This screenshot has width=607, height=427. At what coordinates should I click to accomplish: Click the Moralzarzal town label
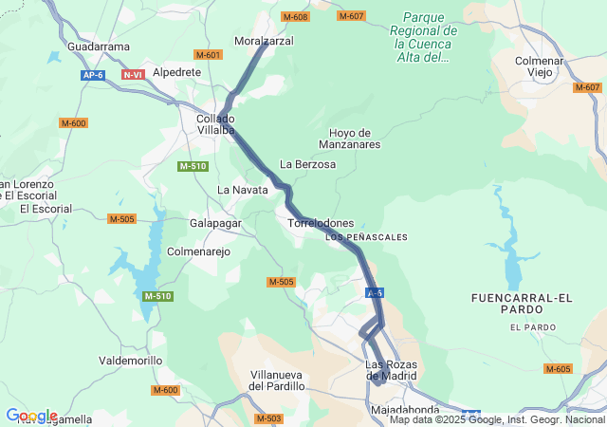[264, 41]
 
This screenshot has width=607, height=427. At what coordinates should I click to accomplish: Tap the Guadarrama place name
[99, 46]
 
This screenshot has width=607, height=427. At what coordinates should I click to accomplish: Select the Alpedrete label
[176, 71]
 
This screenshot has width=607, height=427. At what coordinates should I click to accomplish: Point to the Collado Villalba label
[216, 124]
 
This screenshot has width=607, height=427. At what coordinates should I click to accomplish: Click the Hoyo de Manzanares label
[355, 139]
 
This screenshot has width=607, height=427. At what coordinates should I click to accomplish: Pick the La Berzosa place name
[308, 164]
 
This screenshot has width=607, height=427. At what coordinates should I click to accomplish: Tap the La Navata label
[243, 190]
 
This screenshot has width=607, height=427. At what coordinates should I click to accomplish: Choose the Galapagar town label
[216, 223]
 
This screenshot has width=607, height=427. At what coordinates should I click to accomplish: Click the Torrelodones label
[320, 223]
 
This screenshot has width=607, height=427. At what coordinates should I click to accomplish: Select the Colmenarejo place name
[198, 251]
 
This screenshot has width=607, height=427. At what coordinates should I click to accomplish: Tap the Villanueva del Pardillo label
[277, 381]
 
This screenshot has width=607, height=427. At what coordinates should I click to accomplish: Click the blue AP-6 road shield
[92, 74]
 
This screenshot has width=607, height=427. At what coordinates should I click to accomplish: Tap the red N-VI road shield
[133, 74]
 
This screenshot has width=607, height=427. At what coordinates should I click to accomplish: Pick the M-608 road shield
[295, 17]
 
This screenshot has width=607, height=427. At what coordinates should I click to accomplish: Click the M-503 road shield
[268, 418]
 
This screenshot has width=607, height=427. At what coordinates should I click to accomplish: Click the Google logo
[31, 416]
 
